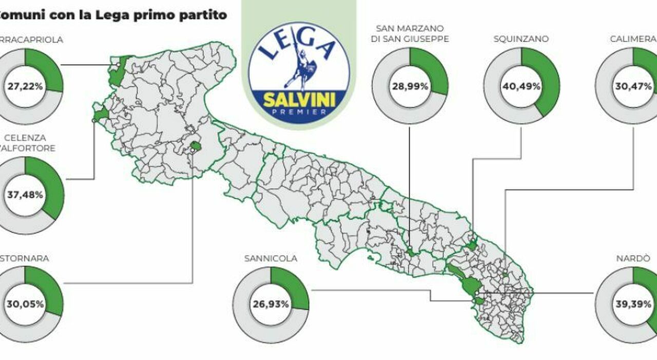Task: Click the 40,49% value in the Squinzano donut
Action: pos(521,86)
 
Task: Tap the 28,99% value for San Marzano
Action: pos(410,86)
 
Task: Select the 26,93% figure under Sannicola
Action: pos(270,304)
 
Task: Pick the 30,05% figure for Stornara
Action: pos(25,304)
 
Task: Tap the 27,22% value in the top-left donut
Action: pos(25,86)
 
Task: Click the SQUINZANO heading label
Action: pos(521,39)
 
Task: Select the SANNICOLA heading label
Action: pos(270,258)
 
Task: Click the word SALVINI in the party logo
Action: pos(299,100)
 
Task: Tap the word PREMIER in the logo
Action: pos(299,112)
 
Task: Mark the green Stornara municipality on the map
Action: pos(195,146)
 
